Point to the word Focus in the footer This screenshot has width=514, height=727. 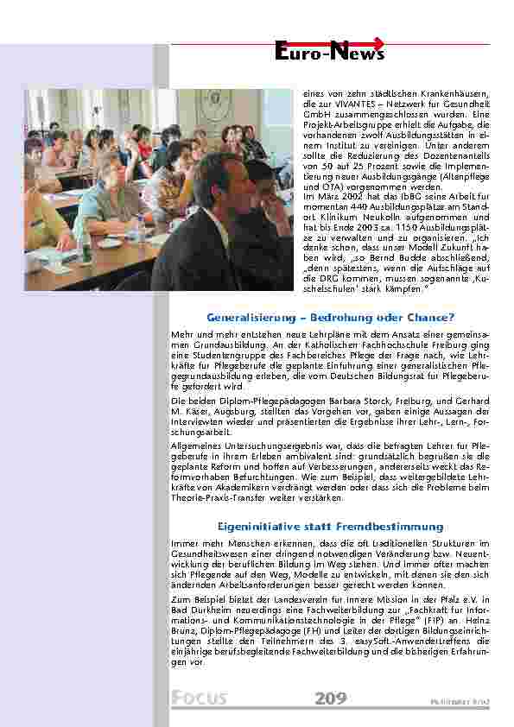click(199, 698)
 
